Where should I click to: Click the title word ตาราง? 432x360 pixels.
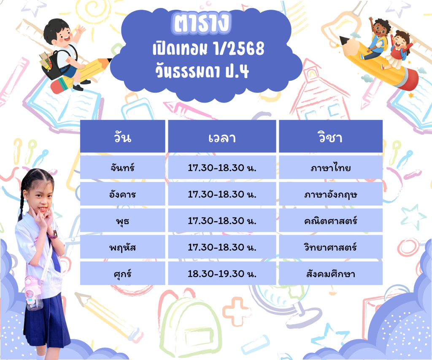(x=201, y=23)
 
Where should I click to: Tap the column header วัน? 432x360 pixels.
(x=123, y=137)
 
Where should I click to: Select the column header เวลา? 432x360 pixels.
(x=222, y=138)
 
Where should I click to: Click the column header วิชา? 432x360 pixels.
(x=330, y=137)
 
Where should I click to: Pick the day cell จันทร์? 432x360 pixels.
(x=122, y=167)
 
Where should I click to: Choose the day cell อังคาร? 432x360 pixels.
(x=122, y=194)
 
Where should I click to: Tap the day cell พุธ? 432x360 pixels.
(x=122, y=221)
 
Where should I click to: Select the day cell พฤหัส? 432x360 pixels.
(x=122, y=247)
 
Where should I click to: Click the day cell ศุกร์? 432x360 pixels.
(x=122, y=274)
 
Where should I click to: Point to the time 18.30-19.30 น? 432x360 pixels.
(x=222, y=274)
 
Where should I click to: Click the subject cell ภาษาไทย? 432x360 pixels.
(x=330, y=167)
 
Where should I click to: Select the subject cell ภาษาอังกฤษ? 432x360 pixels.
(x=330, y=194)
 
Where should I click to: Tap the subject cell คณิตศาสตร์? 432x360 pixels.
(x=330, y=221)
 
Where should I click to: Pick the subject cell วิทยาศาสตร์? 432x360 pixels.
(x=330, y=247)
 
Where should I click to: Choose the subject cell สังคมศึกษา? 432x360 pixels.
(x=330, y=273)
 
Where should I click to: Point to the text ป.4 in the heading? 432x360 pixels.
(x=237, y=71)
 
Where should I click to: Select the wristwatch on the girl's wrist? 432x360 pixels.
(x=53, y=235)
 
